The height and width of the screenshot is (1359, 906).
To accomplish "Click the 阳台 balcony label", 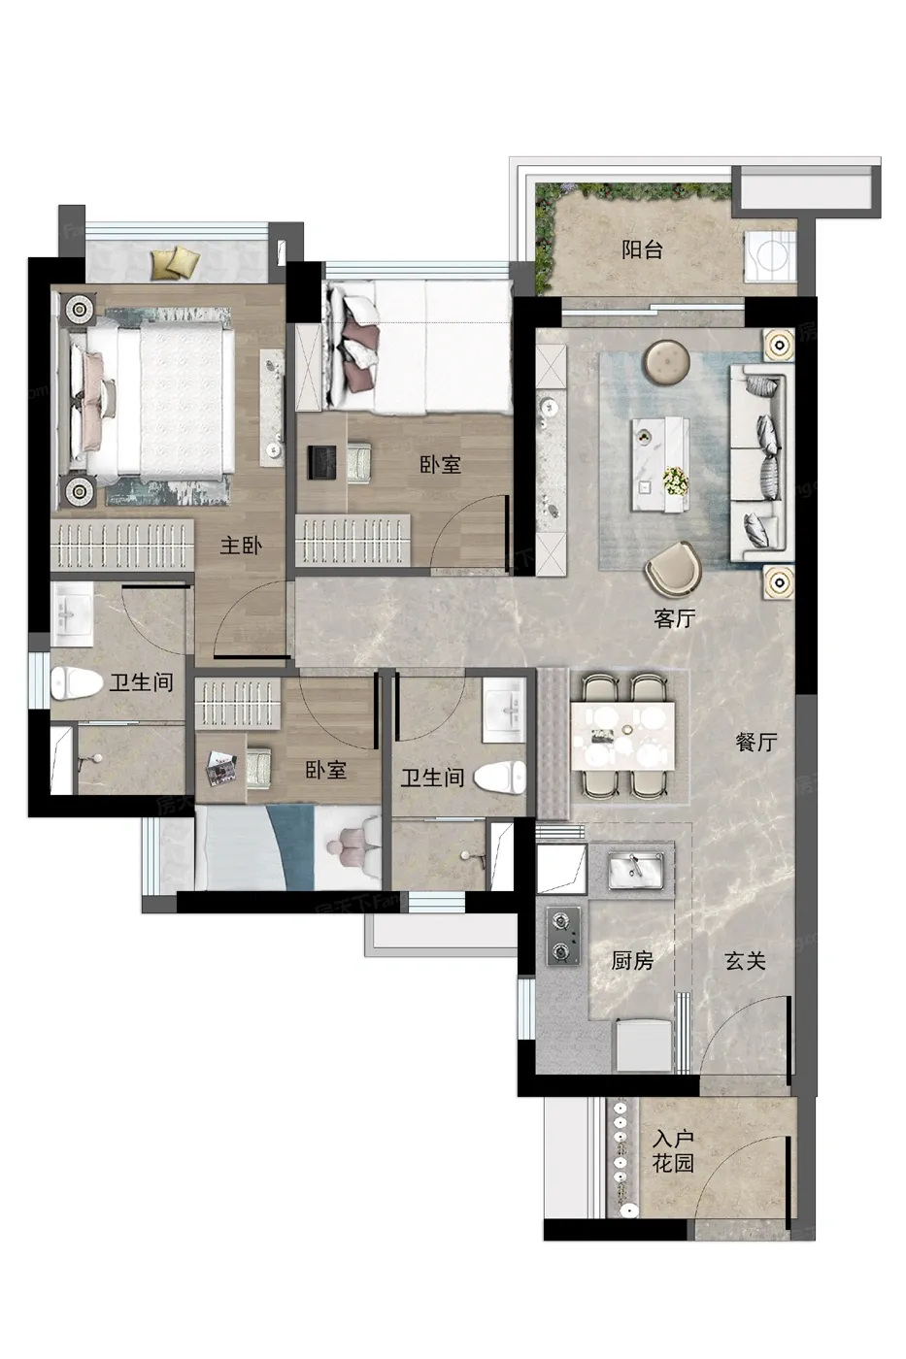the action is [642, 249].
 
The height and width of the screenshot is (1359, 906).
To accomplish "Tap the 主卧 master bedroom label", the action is [241, 546].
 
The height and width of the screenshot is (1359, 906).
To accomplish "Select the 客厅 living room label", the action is [674, 618].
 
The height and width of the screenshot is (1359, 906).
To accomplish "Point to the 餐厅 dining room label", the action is [756, 742].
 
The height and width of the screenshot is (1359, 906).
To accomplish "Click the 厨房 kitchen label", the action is [632, 960].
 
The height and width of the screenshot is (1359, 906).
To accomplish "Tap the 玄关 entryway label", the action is [745, 960].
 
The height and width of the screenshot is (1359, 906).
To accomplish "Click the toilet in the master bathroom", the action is [77, 683].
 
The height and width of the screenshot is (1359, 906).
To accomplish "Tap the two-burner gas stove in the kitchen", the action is [563, 936].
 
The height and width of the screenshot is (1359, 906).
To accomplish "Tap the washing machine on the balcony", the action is [770, 255].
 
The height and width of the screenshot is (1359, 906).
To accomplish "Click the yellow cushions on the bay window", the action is [176, 262].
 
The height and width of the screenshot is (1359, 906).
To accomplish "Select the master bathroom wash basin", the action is [71, 614].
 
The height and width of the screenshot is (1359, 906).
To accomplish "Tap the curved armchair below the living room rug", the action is [673, 569].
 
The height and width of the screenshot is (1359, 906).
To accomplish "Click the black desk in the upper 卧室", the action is [321, 464].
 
